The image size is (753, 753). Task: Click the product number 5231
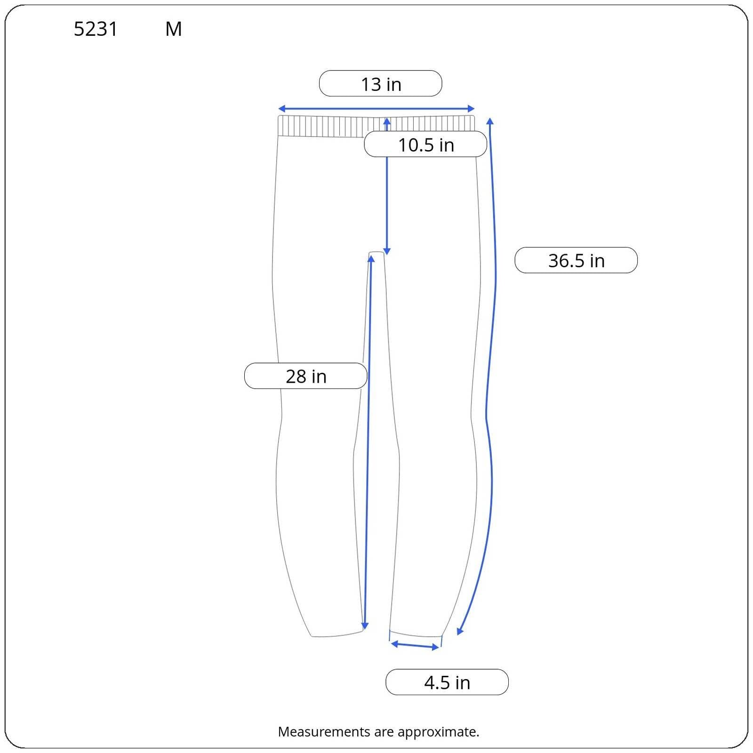(96, 29)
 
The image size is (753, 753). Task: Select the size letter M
(174, 29)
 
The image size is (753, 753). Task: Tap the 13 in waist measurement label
(381, 84)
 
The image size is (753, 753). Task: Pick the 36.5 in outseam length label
(576, 260)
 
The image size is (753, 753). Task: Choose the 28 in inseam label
(305, 376)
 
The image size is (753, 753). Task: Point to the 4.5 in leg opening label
(447, 682)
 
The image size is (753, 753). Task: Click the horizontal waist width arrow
(376, 109)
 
